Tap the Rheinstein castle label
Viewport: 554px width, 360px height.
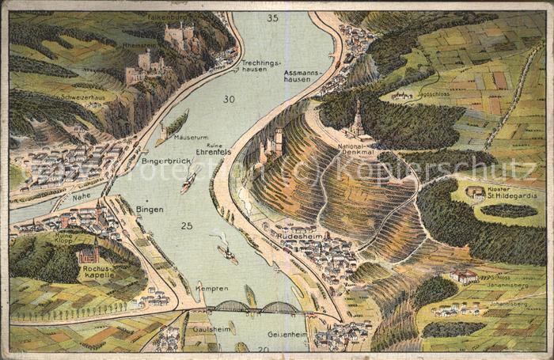pyautogui.click(x=140, y=45)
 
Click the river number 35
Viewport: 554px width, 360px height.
pyautogui.click(x=272, y=17)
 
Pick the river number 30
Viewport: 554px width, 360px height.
pyautogui.click(x=229, y=99)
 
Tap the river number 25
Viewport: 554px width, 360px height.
pyautogui.click(x=186, y=225)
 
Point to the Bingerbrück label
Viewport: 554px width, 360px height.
pyautogui.click(x=166, y=161)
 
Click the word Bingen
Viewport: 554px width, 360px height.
pyautogui.click(x=150, y=209)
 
